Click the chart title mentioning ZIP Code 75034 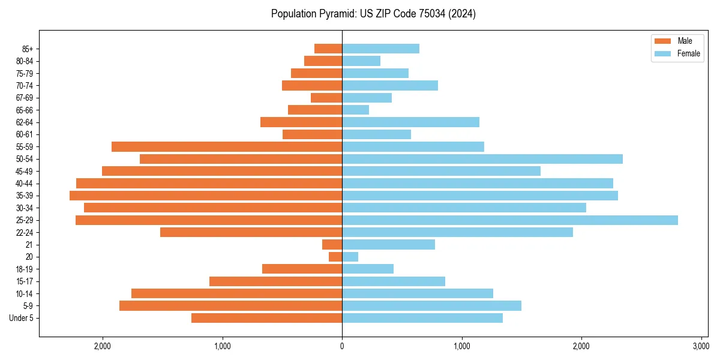[373, 14]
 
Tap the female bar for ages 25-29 [509, 220]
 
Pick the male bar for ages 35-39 [206, 196]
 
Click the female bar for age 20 [350, 257]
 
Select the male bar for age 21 [332, 244]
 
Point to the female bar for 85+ [380, 49]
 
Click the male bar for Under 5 [266, 318]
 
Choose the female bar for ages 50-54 [482, 159]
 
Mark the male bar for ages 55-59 [227, 146]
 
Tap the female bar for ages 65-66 [355, 110]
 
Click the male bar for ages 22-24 [251, 232]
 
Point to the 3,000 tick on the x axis [701, 346]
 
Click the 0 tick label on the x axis [342, 346]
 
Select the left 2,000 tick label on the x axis [103, 346]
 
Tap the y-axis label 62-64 [25, 122]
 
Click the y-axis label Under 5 [22, 318]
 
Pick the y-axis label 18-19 [25, 269]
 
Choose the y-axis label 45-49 [25, 171]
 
